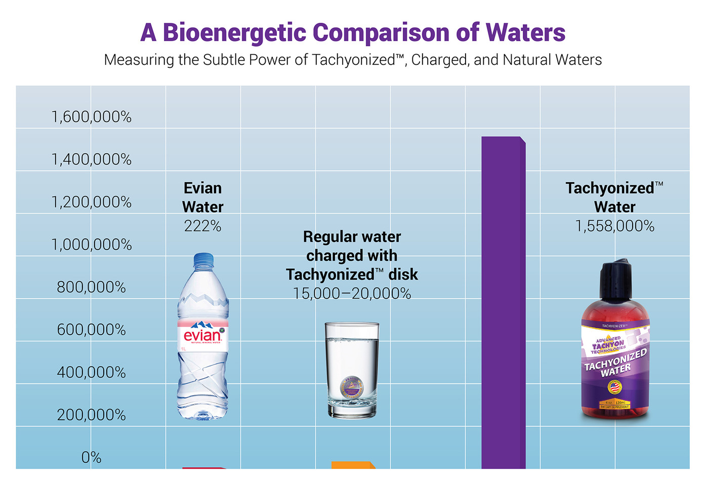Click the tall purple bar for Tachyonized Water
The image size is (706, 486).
pyautogui.click(x=503, y=304)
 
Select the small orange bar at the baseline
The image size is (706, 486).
pyautogui.click(x=353, y=465)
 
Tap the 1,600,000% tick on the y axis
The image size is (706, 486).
pyautogui.click(x=92, y=117)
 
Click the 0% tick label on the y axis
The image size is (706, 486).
pyautogui.click(x=92, y=458)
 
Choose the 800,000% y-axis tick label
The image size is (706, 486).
pyautogui.click(x=92, y=287)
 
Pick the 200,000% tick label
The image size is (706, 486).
pyautogui.click(x=92, y=415)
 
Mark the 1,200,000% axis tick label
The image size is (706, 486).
pyautogui.click(x=92, y=202)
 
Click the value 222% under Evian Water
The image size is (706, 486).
pyautogui.click(x=203, y=226)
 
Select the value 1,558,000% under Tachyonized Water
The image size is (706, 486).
pyautogui.click(x=614, y=226)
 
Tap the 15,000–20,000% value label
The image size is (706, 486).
pyautogui.click(x=352, y=294)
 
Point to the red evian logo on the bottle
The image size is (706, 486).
pyautogui.click(x=202, y=335)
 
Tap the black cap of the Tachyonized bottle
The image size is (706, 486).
pyautogui.click(x=615, y=279)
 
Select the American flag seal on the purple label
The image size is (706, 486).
pyautogui.click(x=614, y=388)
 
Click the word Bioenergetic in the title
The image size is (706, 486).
pyautogui.click(x=234, y=33)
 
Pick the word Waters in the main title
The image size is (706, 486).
pyautogui.click(x=525, y=33)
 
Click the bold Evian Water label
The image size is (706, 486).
pyautogui.click(x=203, y=197)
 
